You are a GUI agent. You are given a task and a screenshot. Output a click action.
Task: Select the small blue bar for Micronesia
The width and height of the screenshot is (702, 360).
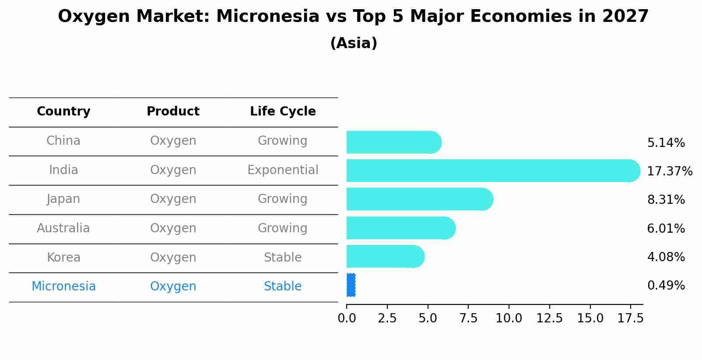click(351, 285)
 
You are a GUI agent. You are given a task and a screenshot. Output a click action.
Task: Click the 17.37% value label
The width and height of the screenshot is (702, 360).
click(669, 171)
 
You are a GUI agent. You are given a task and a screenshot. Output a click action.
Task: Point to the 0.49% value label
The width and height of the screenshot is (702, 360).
click(666, 286)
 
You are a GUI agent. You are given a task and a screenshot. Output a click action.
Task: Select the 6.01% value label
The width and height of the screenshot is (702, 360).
click(666, 228)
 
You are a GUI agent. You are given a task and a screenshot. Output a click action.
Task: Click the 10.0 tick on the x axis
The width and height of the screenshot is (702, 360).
click(509, 318)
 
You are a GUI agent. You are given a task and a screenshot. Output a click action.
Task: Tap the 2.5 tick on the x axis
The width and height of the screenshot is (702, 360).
click(387, 318)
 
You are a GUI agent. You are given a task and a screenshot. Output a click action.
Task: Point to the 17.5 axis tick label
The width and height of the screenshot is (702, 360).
click(630, 318)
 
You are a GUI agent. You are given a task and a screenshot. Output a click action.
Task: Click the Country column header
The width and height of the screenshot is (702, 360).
click(63, 112)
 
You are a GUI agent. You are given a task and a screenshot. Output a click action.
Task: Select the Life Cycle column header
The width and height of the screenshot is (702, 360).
click(283, 112)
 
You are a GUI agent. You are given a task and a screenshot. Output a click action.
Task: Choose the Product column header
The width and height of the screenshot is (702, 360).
click(173, 112)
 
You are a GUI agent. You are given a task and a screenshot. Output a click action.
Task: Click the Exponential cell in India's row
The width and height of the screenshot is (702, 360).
click(283, 170)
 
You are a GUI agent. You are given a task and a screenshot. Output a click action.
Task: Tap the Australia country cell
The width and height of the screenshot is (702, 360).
click(63, 228)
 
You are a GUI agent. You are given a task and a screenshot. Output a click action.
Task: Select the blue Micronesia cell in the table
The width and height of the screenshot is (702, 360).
click(63, 287)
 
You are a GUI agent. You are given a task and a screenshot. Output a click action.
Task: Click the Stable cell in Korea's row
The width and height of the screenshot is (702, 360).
click(283, 258)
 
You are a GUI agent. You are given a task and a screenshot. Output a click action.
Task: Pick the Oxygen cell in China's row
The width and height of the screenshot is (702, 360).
click(173, 141)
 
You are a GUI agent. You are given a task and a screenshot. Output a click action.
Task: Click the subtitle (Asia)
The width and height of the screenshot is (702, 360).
click(354, 43)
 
